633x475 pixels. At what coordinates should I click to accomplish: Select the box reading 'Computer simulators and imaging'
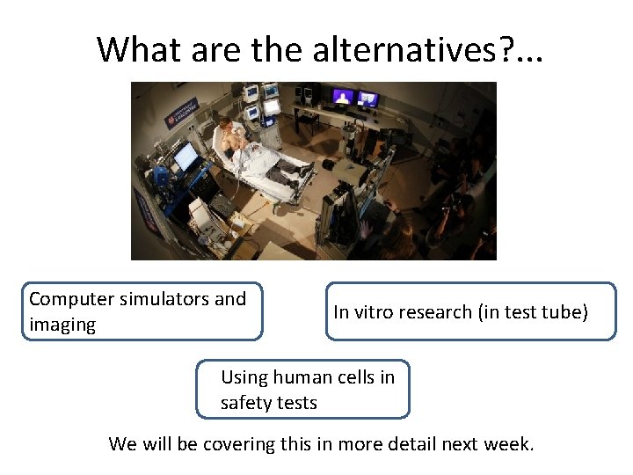click(142, 311)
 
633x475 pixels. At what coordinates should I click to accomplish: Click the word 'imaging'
click(62, 325)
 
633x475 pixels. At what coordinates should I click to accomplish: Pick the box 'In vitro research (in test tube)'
click(470, 311)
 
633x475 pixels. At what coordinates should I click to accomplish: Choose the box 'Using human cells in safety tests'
click(302, 390)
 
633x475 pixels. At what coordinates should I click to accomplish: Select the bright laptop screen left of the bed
click(186, 157)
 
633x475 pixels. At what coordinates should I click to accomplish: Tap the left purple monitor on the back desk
click(342, 96)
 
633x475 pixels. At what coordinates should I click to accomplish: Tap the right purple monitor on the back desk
click(368, 99)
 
